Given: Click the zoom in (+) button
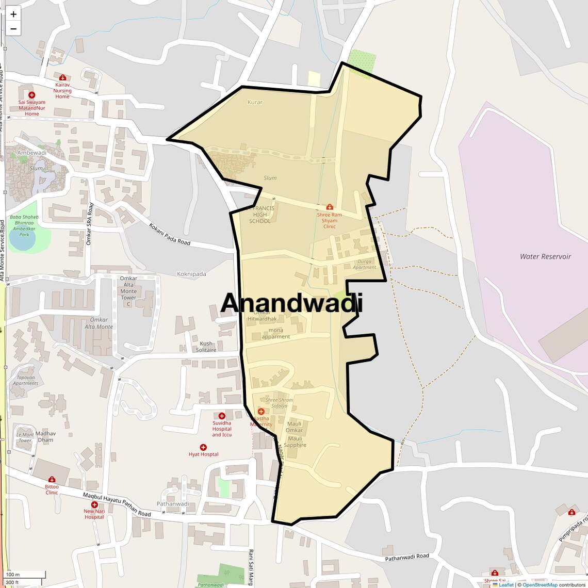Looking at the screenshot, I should point(13,14).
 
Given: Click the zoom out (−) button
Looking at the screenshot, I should point(13,29).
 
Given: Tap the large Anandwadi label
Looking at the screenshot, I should point(291,303).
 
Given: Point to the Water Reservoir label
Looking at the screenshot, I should point(545,256).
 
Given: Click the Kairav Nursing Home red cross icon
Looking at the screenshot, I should point(63,77).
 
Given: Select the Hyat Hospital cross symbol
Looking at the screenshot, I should point(203,447).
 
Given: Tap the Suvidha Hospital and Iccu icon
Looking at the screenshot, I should point(222,416).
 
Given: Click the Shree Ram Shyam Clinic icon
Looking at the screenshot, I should point(330,207).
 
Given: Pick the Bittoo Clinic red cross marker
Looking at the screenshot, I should point(52,480).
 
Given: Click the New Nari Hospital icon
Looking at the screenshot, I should point(94,504).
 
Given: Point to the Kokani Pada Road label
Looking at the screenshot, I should point(170,234).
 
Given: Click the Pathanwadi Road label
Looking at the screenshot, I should point(407,557).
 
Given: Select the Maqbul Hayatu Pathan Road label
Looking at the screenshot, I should point(117,504).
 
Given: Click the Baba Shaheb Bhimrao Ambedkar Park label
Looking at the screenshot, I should point(24,225).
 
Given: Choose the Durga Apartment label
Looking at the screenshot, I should point(365,264).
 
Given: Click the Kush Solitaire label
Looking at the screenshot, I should point(206,347).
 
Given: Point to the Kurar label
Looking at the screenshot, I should point(255,102).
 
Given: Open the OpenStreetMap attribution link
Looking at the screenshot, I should point(540,584).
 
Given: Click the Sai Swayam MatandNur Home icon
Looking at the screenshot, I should point(32,95).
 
